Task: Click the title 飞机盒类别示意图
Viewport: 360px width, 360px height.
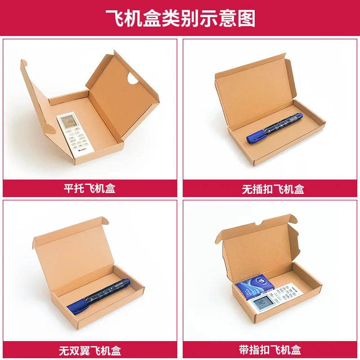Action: (x=180, y=18)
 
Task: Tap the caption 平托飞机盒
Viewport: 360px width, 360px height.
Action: (x=90, y=188)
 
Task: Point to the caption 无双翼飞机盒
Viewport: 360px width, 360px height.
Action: (x=90, y=350)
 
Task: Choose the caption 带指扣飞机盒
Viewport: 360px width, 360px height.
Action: (x=270, y=350)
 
